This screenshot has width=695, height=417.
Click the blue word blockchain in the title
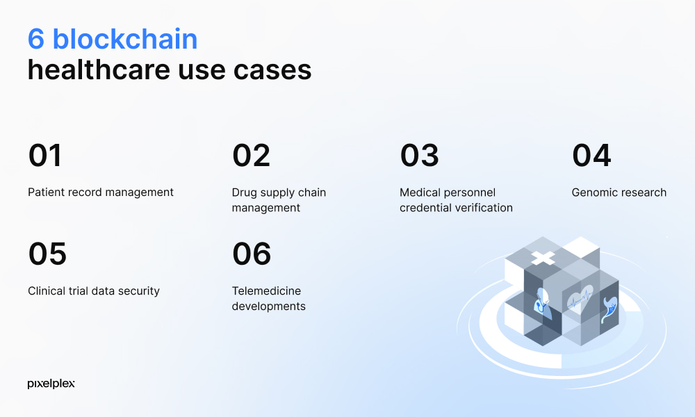tap(125, 39)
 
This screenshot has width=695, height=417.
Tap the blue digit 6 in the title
tap(36, 39)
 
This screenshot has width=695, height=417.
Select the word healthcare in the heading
tap(99, 69)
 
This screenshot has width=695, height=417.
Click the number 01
tap(44, 155)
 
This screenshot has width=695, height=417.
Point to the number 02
tap(251, 155)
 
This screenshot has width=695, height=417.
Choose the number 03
tap(419, 155)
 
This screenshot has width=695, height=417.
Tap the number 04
tap(591, 155)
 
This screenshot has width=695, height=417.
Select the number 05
tap(47, 254)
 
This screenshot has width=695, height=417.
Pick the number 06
tap(252, 254)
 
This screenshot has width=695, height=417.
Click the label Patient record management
tap(101, 193)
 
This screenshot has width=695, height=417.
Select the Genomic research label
tap(619, 193)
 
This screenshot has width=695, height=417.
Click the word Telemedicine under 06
tap(266, 291)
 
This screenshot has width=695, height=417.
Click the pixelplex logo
tap(51, 384)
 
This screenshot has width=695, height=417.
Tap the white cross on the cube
tap(543, 258)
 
